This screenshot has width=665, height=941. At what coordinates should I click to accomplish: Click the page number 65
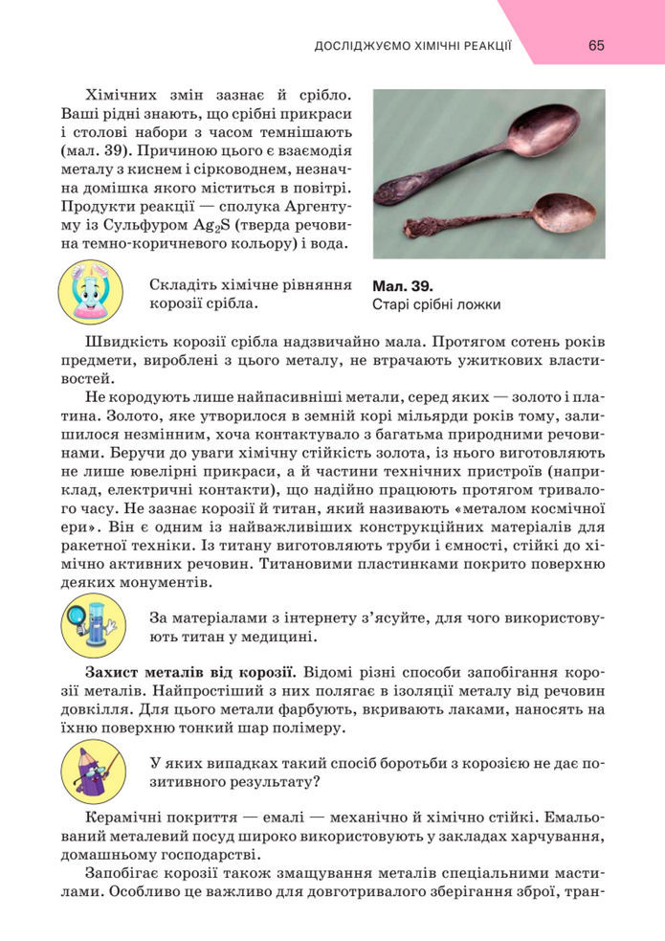pos(596,45)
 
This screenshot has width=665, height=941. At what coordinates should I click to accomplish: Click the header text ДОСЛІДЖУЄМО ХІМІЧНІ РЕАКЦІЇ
pos(413,46)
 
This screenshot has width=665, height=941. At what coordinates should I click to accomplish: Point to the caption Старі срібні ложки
pos(436,304)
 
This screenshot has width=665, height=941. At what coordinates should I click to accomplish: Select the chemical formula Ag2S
pos(196,225)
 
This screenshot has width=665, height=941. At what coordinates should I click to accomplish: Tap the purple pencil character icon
pos(92,770)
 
